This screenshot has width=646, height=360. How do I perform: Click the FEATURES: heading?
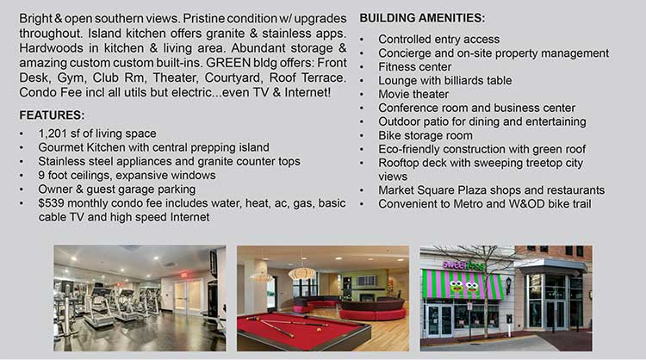52,115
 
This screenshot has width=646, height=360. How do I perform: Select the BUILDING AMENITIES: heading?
422,18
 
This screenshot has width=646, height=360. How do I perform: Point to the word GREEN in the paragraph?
228,63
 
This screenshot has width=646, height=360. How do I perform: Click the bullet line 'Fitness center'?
415,66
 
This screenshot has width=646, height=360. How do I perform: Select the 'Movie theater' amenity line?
413,94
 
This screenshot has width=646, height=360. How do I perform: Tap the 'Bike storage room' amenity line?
425,135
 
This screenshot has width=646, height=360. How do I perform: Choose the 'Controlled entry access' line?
439,39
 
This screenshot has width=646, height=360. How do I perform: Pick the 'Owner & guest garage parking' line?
117,189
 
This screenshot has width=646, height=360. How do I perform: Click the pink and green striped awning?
462,284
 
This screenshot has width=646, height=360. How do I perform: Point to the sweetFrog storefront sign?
463,265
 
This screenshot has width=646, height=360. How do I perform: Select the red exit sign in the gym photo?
183,275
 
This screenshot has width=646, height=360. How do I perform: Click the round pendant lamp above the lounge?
302,273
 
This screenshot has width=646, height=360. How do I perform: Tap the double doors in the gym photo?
189,296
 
